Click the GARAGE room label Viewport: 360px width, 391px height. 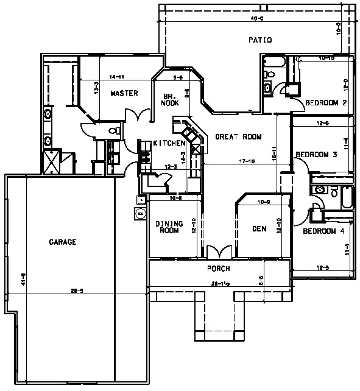click(62, 242)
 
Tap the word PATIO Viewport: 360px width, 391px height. click(259, 40)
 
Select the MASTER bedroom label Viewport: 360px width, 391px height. click(124, 94)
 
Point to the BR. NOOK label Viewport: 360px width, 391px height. click(170, 100)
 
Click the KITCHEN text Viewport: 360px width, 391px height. click(169, 143)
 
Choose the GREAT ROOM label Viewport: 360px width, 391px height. click(238, 137)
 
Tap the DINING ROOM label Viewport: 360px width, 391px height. click(169, 227)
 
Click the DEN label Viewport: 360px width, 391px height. click(259, 230)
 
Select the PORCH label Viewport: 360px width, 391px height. click(219, 269)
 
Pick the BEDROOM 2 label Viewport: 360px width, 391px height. click(326, 102)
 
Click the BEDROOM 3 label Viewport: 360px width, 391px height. click(316, 155)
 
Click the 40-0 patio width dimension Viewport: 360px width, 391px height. click(257, 19)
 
